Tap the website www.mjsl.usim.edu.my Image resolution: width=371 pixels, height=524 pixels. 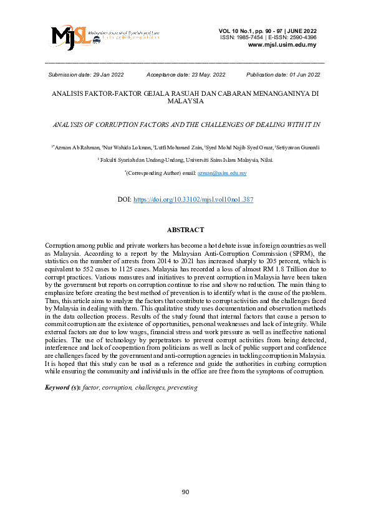point(282,45)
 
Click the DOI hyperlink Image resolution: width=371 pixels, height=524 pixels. point(193,200)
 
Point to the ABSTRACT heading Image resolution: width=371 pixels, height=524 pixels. point(185,230)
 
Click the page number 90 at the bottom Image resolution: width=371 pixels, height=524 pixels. point(185,492)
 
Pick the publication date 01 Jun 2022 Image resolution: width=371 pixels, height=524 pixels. point(302,75)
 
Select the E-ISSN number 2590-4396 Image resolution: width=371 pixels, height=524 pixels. point(302,37)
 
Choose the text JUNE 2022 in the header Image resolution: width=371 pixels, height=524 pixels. point(301,30)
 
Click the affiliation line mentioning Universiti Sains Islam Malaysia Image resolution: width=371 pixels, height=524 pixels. point(185,160)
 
